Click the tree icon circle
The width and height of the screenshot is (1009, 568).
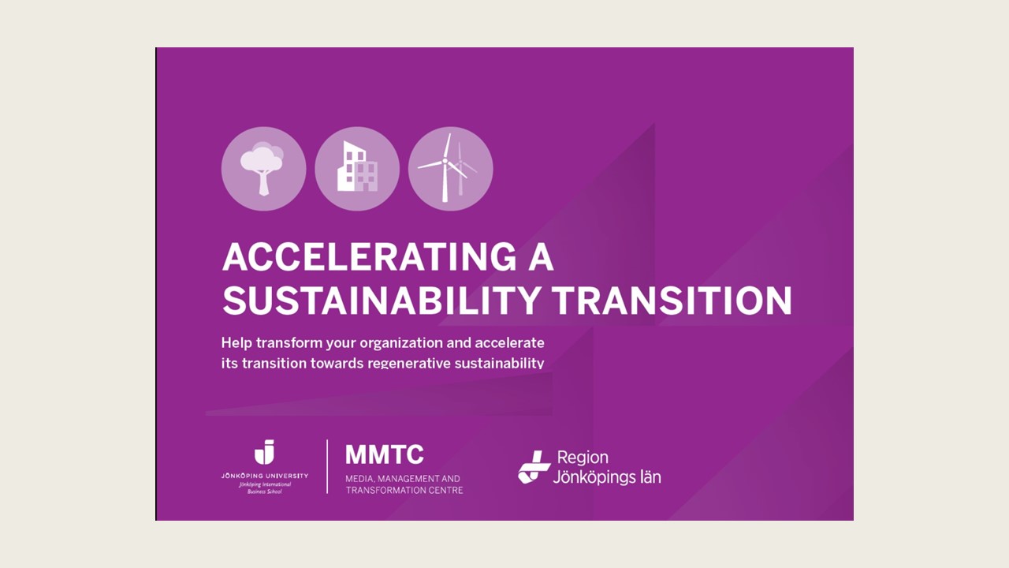263,169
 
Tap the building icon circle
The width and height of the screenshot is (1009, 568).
357,169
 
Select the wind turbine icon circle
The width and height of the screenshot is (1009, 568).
450,169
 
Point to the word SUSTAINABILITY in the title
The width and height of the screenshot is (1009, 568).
382,301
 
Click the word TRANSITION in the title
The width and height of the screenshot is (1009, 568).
671,301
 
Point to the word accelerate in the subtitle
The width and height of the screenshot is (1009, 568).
508,343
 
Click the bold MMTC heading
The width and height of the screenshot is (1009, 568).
384,454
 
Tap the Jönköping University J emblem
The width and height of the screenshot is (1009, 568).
264,453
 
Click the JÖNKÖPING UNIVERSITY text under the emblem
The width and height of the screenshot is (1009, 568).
264,476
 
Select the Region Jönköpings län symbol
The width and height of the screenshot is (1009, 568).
534,466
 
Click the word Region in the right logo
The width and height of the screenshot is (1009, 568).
583,457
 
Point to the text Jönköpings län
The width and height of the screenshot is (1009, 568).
606,476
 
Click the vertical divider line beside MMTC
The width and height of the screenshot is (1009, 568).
327,466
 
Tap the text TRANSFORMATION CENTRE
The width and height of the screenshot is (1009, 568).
404,490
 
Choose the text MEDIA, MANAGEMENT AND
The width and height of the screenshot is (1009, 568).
402,478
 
